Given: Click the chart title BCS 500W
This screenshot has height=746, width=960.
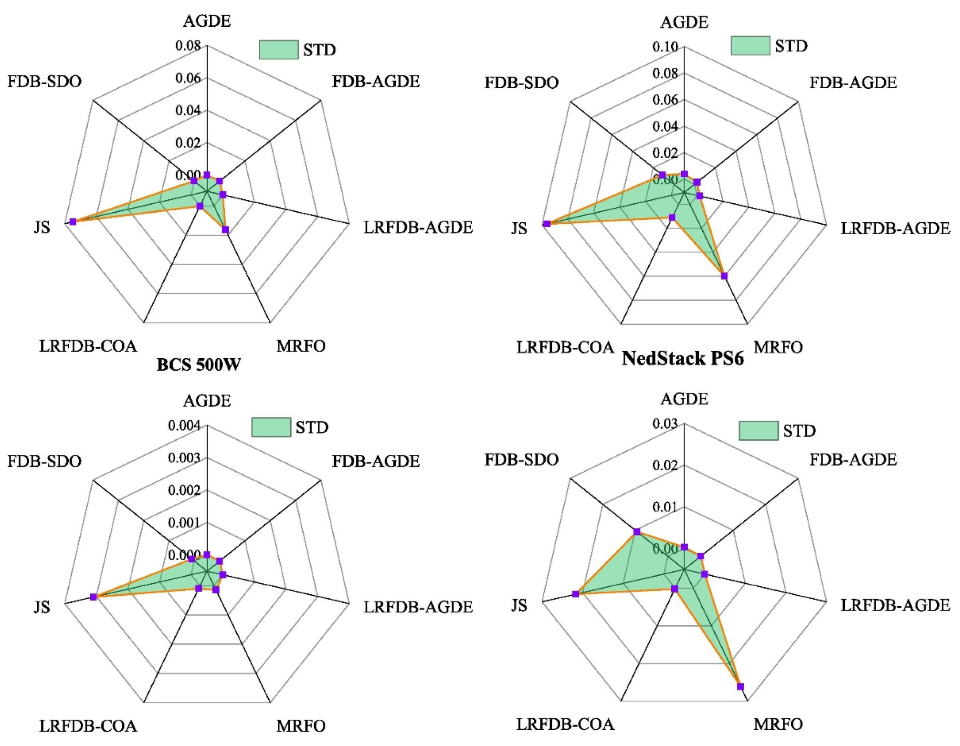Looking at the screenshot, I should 199,365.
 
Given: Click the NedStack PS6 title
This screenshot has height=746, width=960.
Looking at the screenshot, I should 683,358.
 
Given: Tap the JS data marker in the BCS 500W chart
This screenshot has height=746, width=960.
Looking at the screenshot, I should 73,222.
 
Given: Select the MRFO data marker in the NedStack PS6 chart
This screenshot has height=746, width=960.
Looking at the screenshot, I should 724,276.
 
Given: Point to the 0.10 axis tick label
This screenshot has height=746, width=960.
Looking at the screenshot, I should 665,47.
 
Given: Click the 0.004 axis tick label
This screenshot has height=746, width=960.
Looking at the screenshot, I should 184,425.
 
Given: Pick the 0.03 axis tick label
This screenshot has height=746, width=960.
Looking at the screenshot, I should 665,424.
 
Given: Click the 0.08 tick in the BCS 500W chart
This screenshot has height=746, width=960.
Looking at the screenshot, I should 188,46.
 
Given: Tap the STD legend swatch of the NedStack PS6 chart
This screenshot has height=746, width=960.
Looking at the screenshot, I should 750,46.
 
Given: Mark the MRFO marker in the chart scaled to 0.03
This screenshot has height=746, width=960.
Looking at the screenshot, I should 740,686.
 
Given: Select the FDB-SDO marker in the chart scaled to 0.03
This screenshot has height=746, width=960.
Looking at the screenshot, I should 637,532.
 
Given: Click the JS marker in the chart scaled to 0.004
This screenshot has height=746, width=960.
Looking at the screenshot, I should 94,597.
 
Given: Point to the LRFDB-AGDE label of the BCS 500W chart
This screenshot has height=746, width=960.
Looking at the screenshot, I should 418,228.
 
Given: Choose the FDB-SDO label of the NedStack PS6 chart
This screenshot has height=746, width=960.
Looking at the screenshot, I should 521,83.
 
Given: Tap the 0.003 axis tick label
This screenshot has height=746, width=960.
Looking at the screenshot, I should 184,458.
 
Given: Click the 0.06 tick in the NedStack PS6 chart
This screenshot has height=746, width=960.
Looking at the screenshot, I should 665,100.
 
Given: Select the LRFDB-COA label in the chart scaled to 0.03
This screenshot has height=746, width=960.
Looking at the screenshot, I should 565,725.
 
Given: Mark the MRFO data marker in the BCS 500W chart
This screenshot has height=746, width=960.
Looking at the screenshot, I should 226,230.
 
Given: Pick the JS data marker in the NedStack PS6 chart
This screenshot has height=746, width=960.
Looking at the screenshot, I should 547,224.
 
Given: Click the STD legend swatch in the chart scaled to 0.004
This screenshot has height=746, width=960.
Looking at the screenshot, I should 271,427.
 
